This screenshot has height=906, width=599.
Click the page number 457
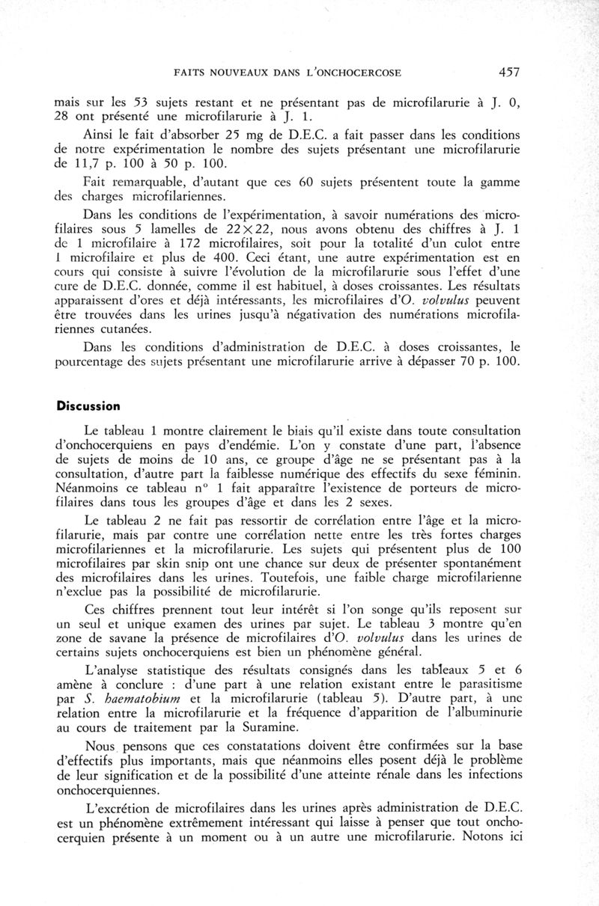(507, 73)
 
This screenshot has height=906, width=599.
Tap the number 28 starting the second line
(66, 117)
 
